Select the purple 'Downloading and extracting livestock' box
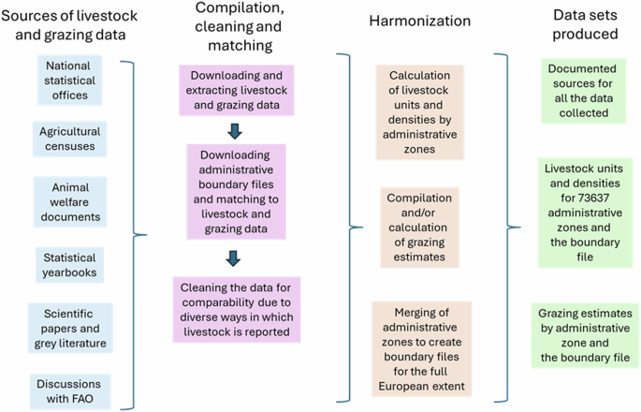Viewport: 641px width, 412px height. (x=240, y=90)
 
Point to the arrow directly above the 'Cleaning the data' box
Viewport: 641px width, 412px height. (x=235, y=257)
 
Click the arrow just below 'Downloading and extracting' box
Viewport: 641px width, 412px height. (x=235, y=130)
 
